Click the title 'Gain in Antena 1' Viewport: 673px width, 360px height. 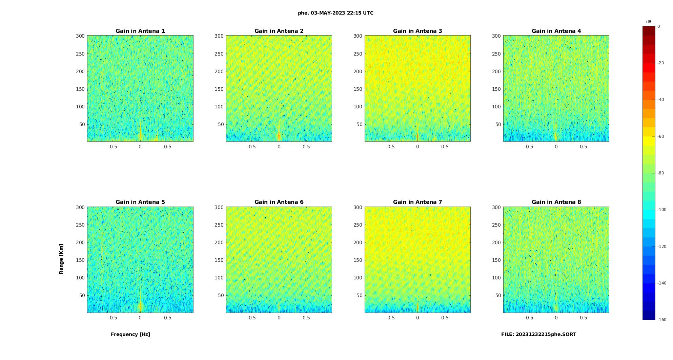tap(140, 31)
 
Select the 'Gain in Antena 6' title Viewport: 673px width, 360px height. tap(279, 202)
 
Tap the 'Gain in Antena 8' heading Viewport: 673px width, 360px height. tap(556, 202)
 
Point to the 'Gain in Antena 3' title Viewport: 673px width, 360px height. tap(417, 31)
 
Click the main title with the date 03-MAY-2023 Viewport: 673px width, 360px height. tap(335, 13)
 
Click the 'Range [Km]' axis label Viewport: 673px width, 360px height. tap(61, 259)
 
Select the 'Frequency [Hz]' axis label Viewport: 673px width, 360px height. tap(130, 334)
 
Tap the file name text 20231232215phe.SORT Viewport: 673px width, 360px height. tap(538, 334)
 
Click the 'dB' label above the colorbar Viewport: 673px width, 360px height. tap(649, 22)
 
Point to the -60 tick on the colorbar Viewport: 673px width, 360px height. tap(661, 136)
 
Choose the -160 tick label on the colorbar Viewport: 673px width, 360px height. tap(662, 320)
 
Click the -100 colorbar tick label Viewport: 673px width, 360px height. tap(662, 210)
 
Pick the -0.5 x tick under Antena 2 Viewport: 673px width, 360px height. tap(251, 147)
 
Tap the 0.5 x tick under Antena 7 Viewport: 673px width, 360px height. tap(445, 318)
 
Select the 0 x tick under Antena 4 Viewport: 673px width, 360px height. tap(556, 147)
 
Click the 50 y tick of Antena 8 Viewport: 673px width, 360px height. tap(498, 295)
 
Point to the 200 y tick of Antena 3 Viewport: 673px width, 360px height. tap(358, 71)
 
